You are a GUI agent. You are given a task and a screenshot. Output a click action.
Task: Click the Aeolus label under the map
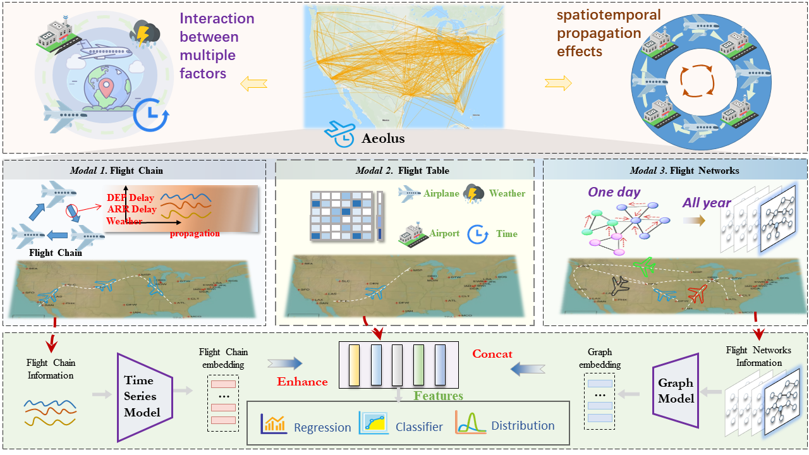click(383, 138)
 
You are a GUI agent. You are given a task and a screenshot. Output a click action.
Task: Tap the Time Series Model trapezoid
click(145, 396)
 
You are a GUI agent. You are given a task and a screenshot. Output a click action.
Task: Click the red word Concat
click(492, 354)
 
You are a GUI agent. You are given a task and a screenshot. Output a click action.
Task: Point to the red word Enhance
click(302, 382)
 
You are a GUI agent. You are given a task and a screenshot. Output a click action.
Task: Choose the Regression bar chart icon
click(274, 425)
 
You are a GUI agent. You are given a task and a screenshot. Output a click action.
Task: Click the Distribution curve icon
click(470, 423)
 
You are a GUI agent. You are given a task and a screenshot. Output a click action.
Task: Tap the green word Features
click(439, 396)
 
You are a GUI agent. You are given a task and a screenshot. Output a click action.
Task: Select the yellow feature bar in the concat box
click(355, 365)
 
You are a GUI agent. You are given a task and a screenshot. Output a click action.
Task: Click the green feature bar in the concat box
click(418, 365)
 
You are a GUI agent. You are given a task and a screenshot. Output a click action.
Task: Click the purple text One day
click(614, 192)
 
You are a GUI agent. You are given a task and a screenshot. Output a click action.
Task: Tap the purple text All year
click(707, 203)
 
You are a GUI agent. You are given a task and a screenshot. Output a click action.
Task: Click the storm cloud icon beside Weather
click(474, 193)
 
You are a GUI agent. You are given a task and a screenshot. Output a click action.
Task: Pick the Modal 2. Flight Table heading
click(402, 171)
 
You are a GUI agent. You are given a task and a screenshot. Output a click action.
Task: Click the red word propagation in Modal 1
click(195, 233)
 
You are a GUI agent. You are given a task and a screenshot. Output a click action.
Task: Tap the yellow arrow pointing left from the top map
click(253, 82)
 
